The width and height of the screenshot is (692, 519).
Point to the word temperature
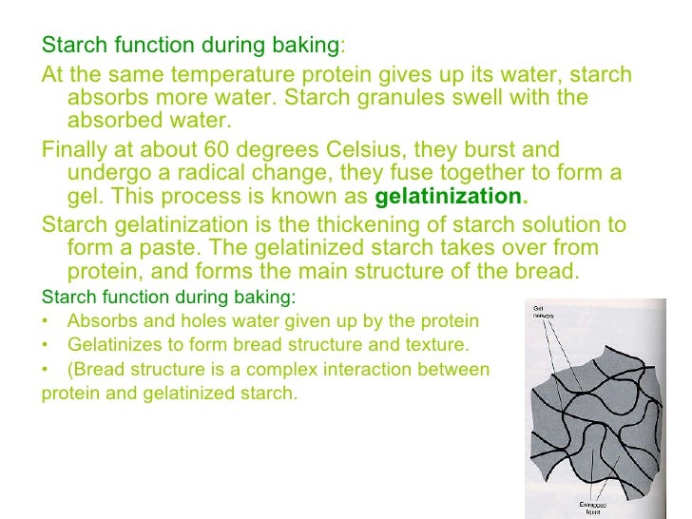coord(211,76)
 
